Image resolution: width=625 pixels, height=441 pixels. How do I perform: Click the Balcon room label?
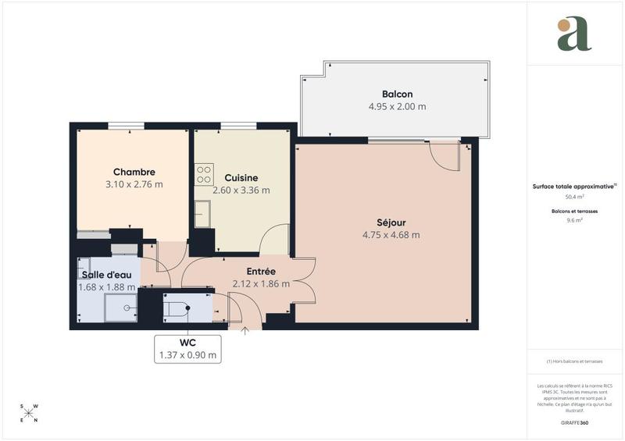click(x=397, y=94)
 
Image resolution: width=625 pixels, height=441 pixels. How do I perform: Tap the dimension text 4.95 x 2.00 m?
click(x=397, y=106)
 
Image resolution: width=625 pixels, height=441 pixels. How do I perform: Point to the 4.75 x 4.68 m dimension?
click(x=391, y=235)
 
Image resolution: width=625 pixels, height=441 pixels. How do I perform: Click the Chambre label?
click(x=134, y=172)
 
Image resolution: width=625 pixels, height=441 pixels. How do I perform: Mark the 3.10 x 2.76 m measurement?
click(x=134, y=184)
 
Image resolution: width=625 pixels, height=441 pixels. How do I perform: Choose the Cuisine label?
click(x=241, y=177)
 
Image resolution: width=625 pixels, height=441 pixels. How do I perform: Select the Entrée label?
click(x=260, y=271)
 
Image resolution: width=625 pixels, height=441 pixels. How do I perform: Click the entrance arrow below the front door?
click(x=245, y=332)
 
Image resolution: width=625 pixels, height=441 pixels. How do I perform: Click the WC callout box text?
click(x=187, y=349)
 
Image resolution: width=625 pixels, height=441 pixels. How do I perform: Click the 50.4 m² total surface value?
click(x=574, y=197)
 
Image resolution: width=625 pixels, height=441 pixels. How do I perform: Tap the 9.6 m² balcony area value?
click(x=574, y=220)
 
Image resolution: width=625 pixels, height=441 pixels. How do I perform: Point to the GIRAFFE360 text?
click(x=574, y=422)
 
